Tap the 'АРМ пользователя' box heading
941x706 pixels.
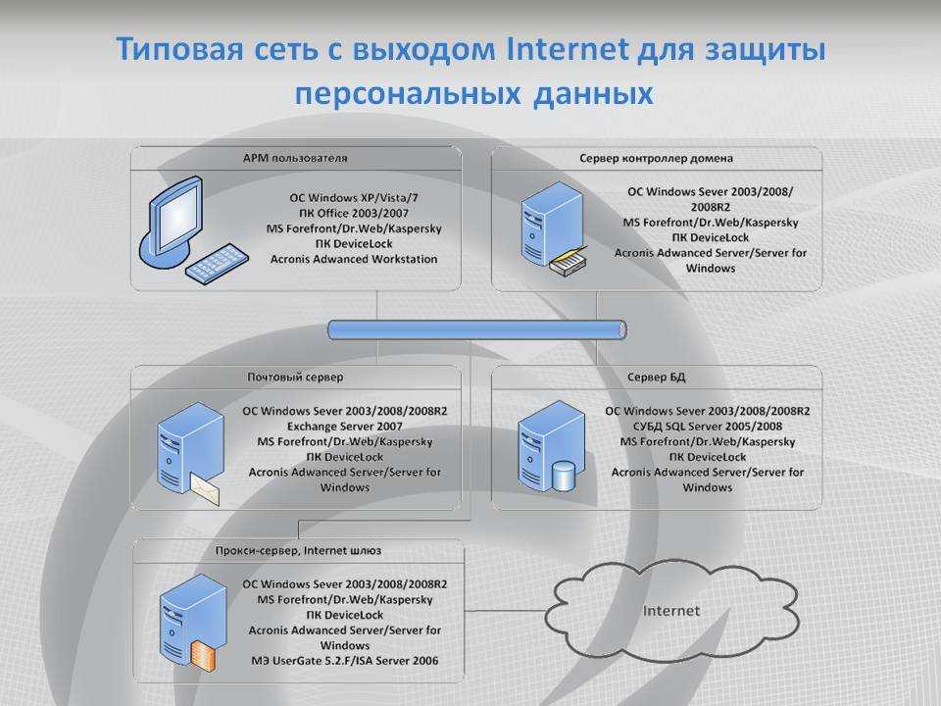click(x=295, y=159)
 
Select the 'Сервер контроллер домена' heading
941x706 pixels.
click(x=656, y=159)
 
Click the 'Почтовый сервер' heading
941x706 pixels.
click(x=295, y=377)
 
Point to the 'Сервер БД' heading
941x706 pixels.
click(x=656, y=377)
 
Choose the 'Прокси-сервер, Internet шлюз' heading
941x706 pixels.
click(x=298, y=550)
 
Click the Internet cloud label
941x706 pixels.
click(x=670, y=611)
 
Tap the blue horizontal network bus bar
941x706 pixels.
click(x=477, y=329)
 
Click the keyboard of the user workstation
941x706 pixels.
click(x=217, y=264)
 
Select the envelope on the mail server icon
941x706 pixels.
click(x=205, y=488)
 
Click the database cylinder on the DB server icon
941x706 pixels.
click(x=564, y=476)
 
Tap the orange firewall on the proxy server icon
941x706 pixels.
click(x=203, y=655)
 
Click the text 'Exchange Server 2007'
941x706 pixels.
click(x=344, y=427)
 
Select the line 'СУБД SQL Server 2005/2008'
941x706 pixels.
click(x=708, y=427)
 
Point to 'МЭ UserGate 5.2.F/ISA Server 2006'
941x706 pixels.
click(x=344, y=660)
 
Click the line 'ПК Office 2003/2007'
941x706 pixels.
click(x=354, y=213)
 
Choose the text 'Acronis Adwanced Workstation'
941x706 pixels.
click(x=354, y=259)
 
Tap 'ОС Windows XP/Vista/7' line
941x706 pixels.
click(x=354, y=197)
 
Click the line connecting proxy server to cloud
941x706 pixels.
click(x=506, y=611)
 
